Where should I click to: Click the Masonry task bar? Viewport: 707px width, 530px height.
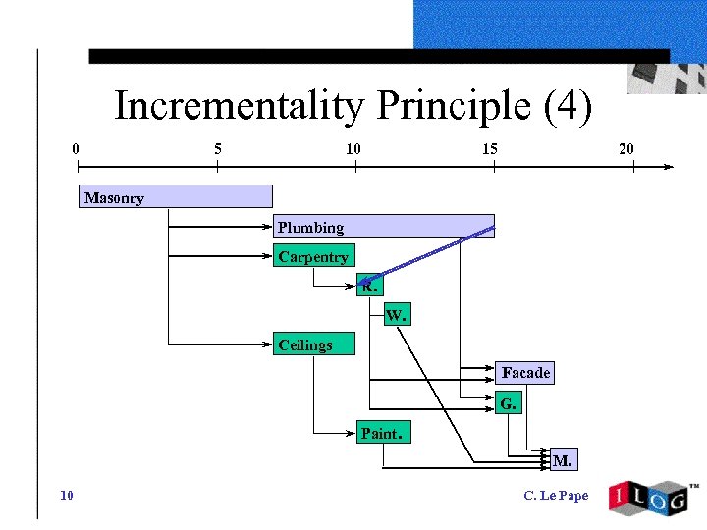tap(175, 197)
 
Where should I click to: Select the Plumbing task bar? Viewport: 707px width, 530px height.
tap(384, 227)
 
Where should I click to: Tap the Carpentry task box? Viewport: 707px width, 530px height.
tap(313, 256)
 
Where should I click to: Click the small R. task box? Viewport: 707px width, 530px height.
tap(369, 287)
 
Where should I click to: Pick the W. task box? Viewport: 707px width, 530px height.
tap(396, 315)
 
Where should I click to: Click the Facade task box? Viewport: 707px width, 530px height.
tap(525, 373)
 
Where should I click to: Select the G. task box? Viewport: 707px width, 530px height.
tap(508, 402)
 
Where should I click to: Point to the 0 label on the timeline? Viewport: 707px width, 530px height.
tap(76, 149)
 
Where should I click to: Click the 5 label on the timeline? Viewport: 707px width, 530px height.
tap(217, 149)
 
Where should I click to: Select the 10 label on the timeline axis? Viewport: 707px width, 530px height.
tap(353, 149)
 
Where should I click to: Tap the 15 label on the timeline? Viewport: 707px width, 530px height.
tap(489, 149)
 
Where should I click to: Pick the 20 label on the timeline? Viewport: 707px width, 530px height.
tap(626, 149)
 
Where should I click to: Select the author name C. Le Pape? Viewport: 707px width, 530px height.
tap(557, 496)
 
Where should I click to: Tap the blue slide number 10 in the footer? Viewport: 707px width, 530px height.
tap(66, 495)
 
